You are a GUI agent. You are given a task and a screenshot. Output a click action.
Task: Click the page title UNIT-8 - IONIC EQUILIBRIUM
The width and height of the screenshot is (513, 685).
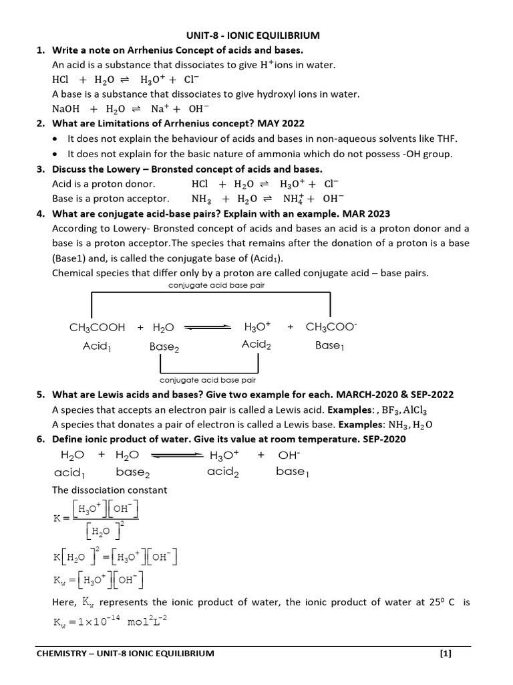click(256, 35)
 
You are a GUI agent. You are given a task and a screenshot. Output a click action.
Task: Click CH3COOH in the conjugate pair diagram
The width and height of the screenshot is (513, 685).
click(97, 327)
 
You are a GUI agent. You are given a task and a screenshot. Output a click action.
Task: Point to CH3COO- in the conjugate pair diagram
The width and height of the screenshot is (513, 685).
click(332, 327)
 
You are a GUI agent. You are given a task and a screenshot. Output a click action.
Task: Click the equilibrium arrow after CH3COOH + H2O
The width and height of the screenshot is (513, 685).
click(207, 327)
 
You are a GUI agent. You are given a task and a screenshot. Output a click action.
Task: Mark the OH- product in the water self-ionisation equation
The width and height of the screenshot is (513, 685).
click(289, 456)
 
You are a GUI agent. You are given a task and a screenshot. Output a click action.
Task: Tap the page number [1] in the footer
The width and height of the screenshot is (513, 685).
click(446, 654)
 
